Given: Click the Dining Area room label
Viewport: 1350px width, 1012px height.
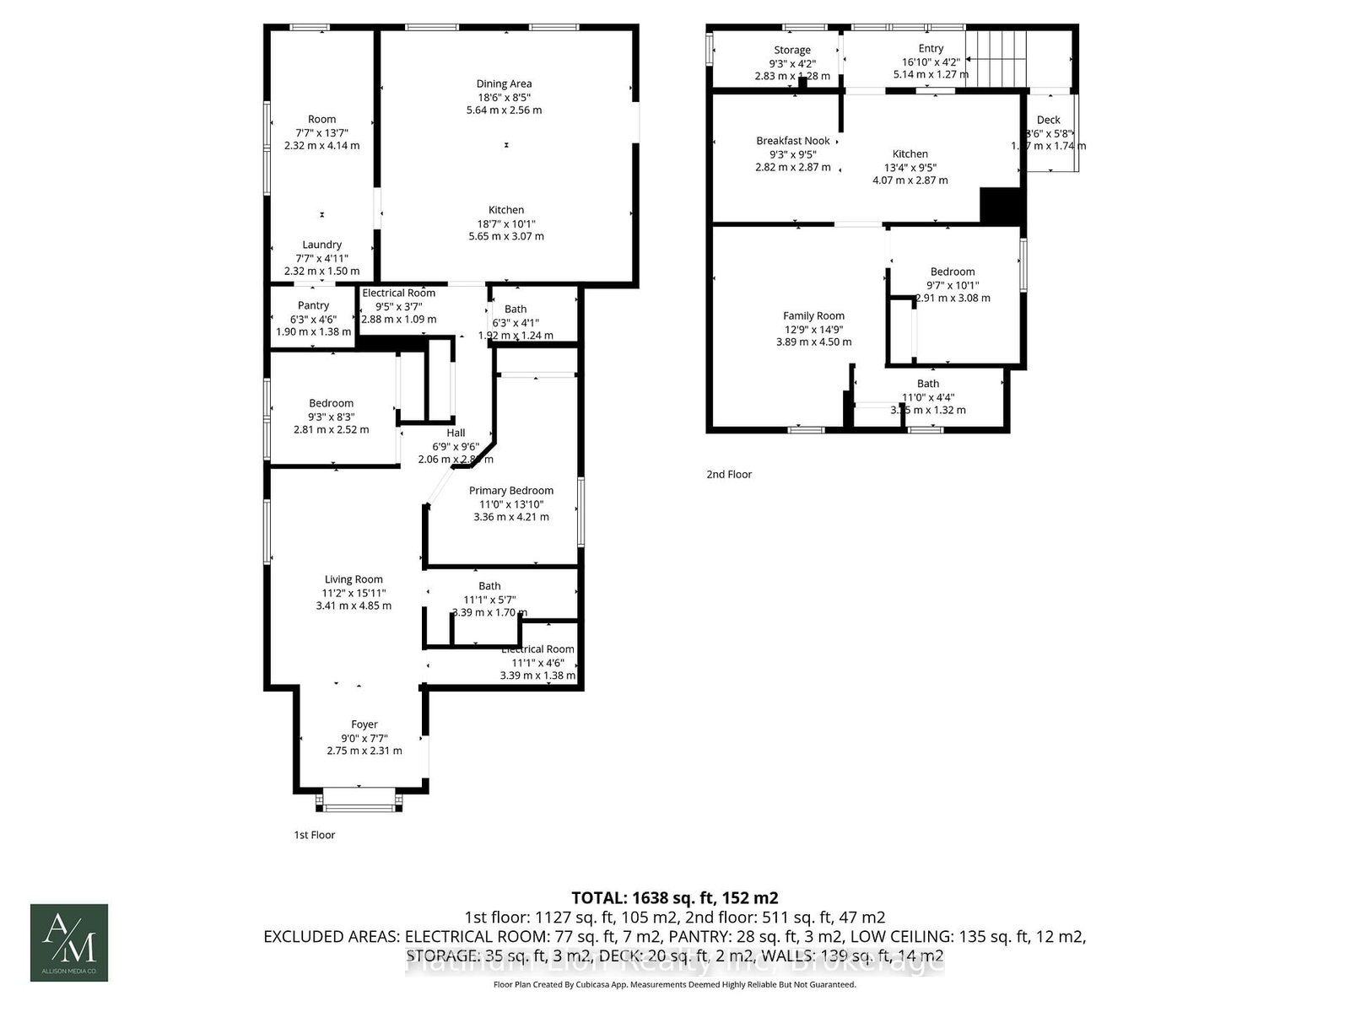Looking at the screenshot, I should click(504, 83).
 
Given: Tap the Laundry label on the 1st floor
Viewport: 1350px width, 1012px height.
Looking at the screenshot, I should click(321, 245).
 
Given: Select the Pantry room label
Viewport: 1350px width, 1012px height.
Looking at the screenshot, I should click(313, 305).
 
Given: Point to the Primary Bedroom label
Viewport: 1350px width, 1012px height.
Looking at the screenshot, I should click(511, 490).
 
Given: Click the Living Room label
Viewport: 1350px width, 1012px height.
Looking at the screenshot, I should click(354, 579).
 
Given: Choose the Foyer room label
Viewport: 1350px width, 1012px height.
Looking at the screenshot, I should click(364, 724).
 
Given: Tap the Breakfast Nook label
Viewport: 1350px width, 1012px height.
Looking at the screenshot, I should click(793, 141).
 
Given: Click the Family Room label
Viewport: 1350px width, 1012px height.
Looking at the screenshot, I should click(813, 315).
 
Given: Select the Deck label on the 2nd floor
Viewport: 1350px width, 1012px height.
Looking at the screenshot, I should click(1049, 120).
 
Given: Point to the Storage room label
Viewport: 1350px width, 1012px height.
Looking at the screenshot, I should click(792, 50).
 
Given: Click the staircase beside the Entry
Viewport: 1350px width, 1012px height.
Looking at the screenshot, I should click(998, 57).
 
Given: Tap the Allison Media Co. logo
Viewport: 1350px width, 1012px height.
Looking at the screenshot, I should click(69, 942).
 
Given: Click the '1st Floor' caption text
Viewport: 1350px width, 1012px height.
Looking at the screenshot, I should click(315, 835).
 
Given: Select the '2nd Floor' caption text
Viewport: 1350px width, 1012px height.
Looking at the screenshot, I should click(729, 474).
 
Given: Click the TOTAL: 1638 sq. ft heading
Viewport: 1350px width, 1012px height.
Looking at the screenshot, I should click(674, 897).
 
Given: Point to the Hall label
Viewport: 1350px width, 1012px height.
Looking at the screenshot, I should click(456, 433).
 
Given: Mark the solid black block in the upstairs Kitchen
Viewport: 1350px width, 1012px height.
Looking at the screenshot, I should click(1002, 207).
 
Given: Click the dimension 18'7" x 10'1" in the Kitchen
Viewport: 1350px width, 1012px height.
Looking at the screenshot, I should click(506, 223).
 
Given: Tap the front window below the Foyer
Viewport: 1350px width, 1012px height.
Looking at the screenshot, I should click(359, 807).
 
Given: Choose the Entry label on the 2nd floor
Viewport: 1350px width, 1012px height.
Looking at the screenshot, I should click(931, 49).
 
